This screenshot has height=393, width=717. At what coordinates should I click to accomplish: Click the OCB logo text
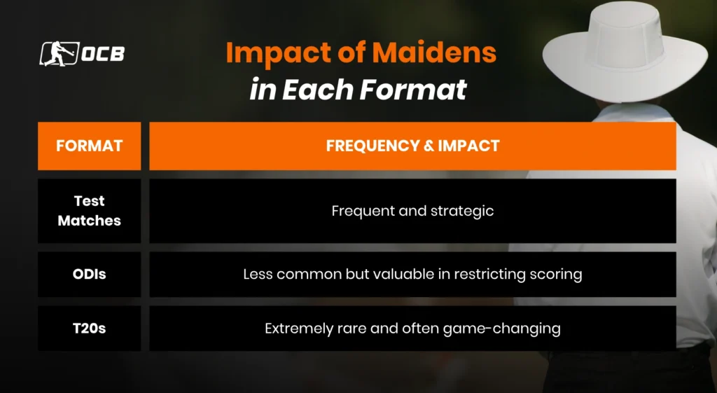(x=103, y=54)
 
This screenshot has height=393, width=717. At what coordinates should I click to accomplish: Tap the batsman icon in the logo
(x=60, y=53)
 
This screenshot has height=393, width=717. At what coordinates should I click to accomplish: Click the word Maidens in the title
(x=434, y=52)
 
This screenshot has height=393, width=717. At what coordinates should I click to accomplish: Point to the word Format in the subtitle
(x=413, y=89)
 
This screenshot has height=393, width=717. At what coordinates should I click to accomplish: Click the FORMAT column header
(x=89, y=146)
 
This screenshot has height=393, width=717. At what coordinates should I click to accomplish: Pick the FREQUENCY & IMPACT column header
(x=412, y=146)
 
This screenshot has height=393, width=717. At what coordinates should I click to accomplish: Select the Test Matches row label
(x=89, y=210)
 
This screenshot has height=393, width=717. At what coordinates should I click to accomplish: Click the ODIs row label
(x=89, y=274)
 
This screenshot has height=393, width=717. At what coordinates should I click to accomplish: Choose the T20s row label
(x=89, y=328)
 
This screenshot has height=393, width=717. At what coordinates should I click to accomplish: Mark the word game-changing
(x=501, y=329)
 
